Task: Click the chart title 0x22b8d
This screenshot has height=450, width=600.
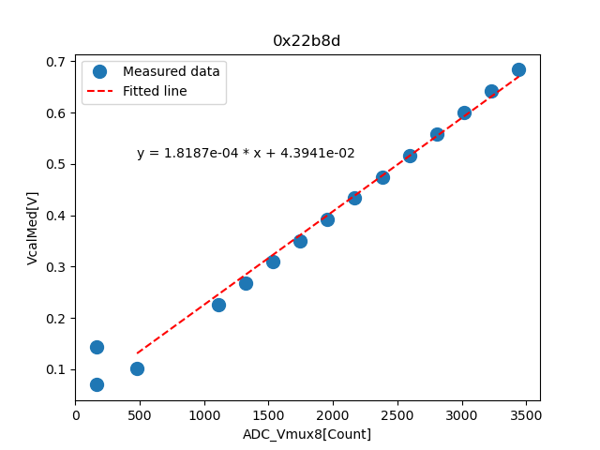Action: tap(307, 40)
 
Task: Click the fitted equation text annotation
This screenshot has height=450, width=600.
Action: tap(246, 153)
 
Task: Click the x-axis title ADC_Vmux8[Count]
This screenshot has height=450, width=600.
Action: tap(307, 434)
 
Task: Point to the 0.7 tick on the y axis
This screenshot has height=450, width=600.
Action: tap(56, 62)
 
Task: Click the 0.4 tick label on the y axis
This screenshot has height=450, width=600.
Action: tap(56, 216)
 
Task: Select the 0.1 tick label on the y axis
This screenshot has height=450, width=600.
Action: tap(56, 369)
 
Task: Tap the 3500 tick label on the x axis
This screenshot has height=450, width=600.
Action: tap(526, 414)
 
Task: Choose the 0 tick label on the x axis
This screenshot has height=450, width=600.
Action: tap(76, 414)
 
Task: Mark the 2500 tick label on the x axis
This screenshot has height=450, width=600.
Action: tap(397, 414)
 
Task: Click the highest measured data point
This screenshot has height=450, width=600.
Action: tap(518, 69)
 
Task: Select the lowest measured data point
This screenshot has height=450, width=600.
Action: tap(97, 384)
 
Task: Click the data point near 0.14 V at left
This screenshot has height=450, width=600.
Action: tap(97, 347)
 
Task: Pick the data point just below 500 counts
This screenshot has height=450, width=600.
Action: tap(137, 368)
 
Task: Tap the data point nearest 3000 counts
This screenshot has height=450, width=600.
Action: tap(464, 112)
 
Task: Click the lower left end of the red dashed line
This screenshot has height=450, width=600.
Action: tap(138, 353)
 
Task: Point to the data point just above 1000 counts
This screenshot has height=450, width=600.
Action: tap(218, 305)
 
